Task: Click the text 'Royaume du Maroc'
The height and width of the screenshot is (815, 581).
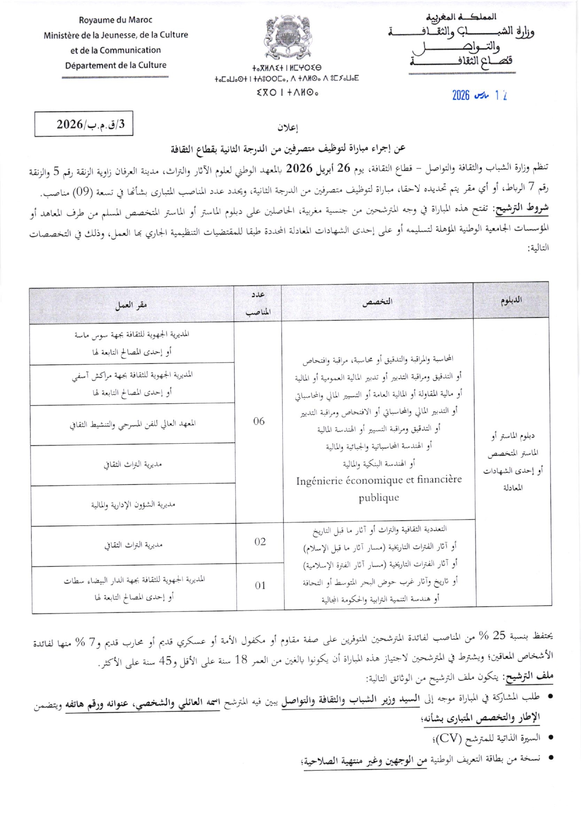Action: click(x=115, y=20)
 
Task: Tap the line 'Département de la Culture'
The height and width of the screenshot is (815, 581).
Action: click(x=115, y=65)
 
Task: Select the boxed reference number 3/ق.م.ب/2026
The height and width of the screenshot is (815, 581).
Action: click(x=84, y=124)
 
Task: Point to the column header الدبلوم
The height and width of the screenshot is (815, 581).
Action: click(x=511, y=300)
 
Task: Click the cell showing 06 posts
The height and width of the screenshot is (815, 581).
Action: click(x=259, y=421)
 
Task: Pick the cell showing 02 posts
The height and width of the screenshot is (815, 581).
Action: click(x=260, y=541)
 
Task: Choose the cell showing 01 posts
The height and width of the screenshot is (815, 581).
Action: click(x=260, y=586)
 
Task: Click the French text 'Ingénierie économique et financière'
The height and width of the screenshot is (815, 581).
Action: click(x=379, y=480)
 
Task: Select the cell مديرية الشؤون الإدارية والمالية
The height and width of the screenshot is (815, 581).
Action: click(x=133, y=505)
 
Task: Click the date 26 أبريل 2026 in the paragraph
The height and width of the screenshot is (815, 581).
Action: click(x=312, y=168)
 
